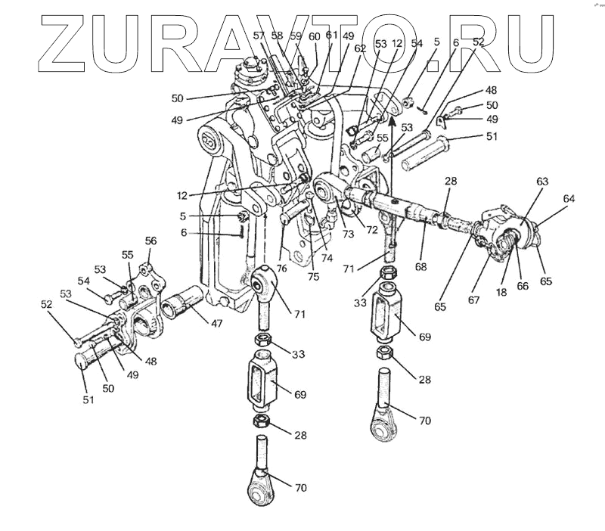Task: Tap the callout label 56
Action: pyautogui.click(x=151, y=241)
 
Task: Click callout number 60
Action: pyautogui.click(x=314, y=36)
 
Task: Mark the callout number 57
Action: pyautogui.click(x=259, y=36)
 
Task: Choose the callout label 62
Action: pyautogui.click(x=360, y=48)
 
